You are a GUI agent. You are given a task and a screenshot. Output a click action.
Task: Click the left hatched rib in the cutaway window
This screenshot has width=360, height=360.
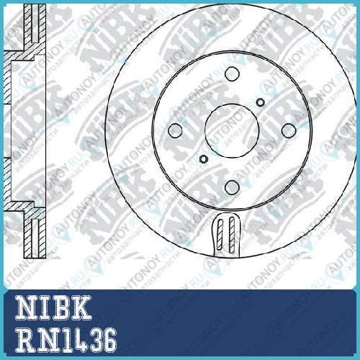click(220, 235)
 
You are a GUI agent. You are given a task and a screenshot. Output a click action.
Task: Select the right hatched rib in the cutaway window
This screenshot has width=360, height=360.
click(232, 235)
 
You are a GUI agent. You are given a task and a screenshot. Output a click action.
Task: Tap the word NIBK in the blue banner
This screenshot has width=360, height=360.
click(53, 307)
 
